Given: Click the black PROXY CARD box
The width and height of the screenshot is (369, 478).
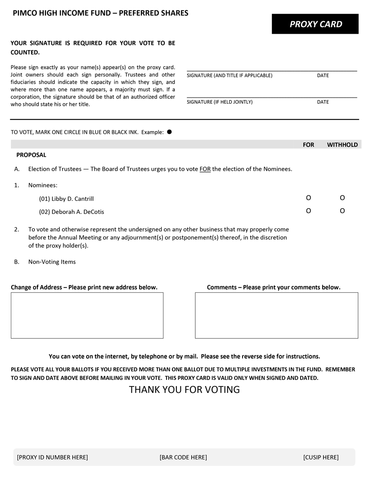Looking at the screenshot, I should (315, 24).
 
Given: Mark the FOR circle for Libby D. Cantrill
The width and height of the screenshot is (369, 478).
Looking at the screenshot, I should (308, 198).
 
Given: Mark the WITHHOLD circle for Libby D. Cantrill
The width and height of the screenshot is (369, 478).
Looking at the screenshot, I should (342, 198).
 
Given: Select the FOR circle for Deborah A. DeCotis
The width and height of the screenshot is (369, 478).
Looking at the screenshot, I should (308, 211).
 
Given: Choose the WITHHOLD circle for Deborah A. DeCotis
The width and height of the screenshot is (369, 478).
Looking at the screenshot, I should (342, 211).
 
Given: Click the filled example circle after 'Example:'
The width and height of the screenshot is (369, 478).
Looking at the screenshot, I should (169, 132).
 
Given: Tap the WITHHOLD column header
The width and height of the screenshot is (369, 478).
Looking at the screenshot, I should (342, 145).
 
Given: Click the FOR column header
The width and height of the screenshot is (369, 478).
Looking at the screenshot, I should (308, 145).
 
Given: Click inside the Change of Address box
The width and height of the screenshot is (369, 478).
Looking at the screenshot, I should (87, 315).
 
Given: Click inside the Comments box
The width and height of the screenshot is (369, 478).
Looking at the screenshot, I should (276, 315).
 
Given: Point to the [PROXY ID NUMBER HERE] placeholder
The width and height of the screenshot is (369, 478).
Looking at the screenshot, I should (52, 457).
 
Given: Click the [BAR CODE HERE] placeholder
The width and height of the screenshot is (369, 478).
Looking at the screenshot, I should (183, 457).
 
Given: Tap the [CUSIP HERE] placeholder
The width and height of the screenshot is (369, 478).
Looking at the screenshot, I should (321, 457).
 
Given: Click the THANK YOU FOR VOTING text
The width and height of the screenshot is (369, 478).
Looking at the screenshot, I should (184, 389).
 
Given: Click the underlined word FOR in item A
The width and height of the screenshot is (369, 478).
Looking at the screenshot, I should (205, 169).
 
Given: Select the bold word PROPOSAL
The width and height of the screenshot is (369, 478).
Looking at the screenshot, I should (31, 155).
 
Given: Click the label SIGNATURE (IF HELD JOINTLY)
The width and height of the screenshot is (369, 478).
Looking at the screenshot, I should (220, 102).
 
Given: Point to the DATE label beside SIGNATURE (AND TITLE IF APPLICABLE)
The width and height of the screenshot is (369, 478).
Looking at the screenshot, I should (323, 75).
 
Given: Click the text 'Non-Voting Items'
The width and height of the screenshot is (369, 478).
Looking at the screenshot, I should (52, 262).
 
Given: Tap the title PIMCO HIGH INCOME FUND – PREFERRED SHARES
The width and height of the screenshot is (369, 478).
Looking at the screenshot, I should (100, 13).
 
